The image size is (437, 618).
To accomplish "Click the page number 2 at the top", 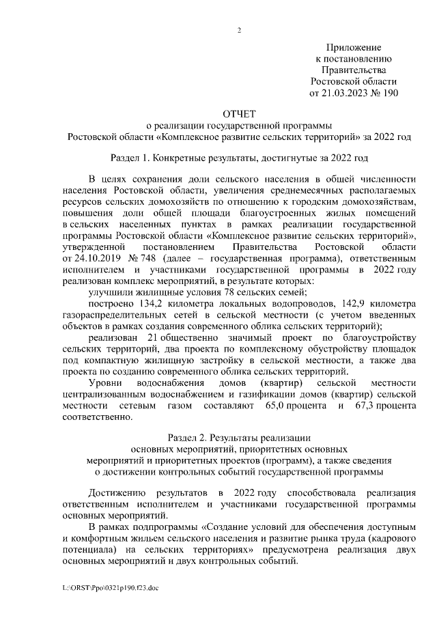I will [239, 29].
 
